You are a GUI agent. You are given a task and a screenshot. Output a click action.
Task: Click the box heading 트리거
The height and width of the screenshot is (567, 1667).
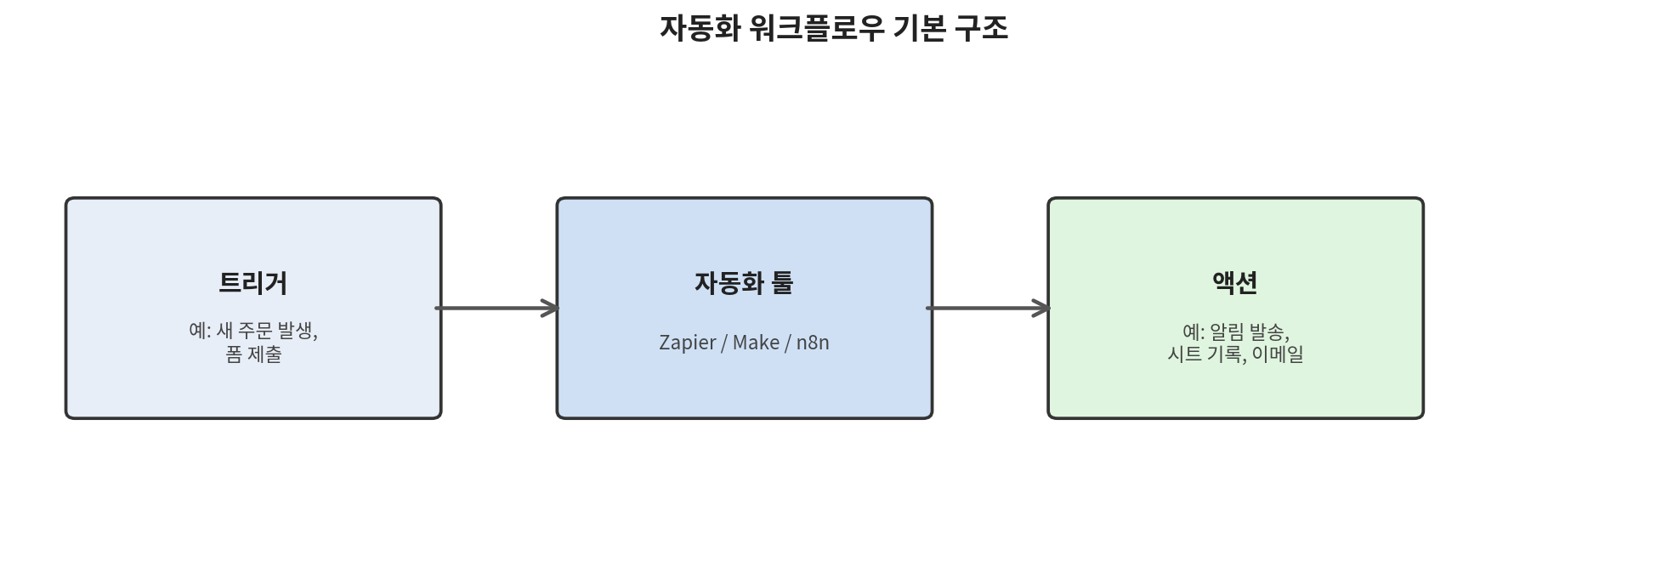(253, 282)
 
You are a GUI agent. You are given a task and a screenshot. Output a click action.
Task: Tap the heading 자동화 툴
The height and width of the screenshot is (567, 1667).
(744, 282)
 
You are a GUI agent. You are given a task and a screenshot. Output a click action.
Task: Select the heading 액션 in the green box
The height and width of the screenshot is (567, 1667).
(1235, 282)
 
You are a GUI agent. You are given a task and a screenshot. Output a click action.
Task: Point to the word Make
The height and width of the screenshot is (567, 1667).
(756, 342)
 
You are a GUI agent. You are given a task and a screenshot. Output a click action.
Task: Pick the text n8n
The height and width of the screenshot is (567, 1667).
(813, 342)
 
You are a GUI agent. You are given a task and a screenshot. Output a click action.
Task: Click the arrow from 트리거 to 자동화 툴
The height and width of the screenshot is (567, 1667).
(497, 308)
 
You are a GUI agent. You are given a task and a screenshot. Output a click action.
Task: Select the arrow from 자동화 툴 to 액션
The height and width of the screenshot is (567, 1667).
(988, 308)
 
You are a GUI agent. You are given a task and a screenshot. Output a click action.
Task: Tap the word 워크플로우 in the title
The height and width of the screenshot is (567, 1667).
(817, 28)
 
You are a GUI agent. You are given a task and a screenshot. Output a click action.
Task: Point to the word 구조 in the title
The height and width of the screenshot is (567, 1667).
(981, 28)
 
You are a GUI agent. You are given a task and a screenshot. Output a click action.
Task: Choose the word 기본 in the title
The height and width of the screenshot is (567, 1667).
(919, 28)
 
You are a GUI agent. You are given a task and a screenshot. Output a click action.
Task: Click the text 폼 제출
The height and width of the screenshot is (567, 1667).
(253, 354)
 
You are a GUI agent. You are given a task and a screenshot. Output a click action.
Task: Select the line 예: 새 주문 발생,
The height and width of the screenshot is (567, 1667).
(253, 331)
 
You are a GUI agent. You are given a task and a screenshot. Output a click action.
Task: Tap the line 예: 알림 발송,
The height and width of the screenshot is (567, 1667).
(1235, 331)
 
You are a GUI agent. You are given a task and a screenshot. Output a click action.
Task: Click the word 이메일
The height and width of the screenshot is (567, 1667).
(1278, 354)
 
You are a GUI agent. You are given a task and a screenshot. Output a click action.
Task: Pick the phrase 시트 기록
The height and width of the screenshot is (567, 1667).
(1205, 354)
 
